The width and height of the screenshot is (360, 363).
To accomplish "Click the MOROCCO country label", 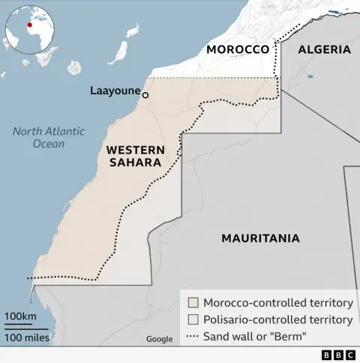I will pyautogui.click(x=237, y=49).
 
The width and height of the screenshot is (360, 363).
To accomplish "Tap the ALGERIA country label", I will pyautogui.click(x=324, y=49).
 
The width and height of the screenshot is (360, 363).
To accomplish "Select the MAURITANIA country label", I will pyautogui.click(x=260, y=238).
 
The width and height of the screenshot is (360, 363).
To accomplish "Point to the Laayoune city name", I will pyautogui.click(x=115, y=91).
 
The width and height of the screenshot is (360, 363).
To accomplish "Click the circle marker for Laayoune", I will pyautogui.click(x=145, y=95).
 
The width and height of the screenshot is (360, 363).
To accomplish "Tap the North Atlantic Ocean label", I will pyautogui.click(x=48, y=137).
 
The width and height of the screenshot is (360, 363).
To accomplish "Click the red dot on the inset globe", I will pyautogui.click(x=30, y=24).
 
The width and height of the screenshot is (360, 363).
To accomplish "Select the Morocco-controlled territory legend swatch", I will pyautogui.click(x=193, y=303).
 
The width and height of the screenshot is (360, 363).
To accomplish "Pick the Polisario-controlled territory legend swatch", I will pyautogui.click(x=193, y=320).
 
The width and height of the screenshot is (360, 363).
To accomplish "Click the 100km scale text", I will pyautogui.click(x=20, y=316).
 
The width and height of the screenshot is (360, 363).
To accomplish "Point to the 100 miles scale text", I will pyautogui.click(x=26, y=338).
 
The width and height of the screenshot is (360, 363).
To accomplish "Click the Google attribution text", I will pyautogui.click(x=159, y=339).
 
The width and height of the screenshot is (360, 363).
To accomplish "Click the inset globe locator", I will pyautogui.click(x=30, y=30).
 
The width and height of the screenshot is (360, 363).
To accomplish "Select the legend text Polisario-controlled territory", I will pyautogui.click(x=278, y=320).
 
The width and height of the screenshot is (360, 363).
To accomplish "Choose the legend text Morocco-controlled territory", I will pyautogui.click(x=278, y=303).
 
